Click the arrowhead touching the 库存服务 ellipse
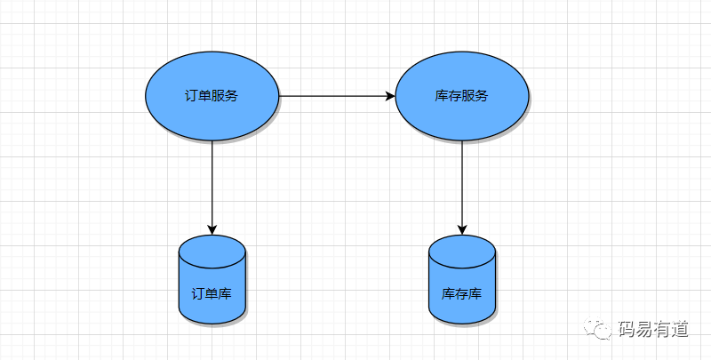[389, 96]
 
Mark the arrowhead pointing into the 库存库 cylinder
[462, 229]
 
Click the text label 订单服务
[212, 96]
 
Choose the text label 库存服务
[462, 96]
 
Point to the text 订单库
[212, 292]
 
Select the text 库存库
[462, 292]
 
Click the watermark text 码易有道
[652, 329]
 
